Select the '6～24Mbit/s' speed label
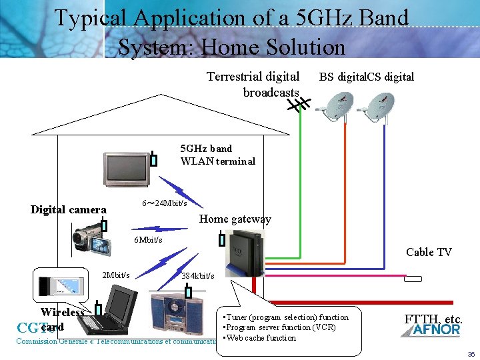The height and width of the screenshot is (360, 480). [164, 203]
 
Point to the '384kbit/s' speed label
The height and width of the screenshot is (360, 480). [197, 275]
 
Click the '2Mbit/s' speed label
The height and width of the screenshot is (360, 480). [115, 275]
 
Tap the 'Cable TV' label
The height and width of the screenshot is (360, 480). [429, 252]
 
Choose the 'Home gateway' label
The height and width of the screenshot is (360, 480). [235, 219]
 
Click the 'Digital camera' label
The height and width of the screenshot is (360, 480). [68, 210]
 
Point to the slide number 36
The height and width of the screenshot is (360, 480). [471, 354]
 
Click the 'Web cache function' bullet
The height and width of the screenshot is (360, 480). [261, 338]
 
